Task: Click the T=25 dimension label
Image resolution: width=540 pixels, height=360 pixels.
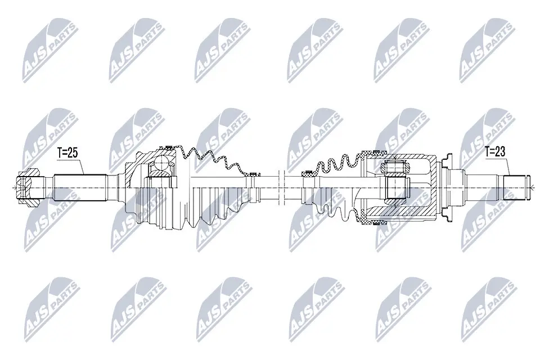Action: (x=68, y=153)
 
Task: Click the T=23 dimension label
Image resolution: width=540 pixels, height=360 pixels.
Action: (x=495, y=151)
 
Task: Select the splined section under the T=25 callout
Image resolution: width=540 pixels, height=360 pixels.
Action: (x=79, y=188)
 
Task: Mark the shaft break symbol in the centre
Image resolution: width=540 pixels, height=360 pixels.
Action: (x=280, y=187)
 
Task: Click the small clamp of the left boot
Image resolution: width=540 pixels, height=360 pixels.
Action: (x=254, y=173)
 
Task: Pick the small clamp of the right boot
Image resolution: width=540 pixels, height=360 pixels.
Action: (x=308, y=172)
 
